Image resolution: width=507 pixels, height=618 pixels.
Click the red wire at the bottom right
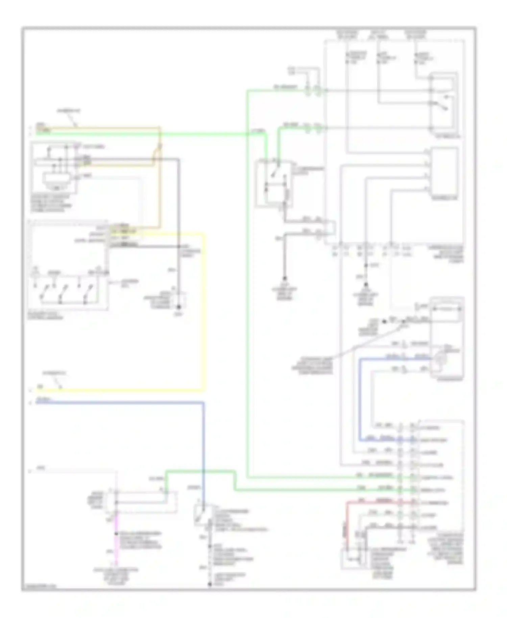tap(347, 521)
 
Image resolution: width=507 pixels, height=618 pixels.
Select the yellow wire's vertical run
tap(204, 311)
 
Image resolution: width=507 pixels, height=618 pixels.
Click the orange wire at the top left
tap(101, 128)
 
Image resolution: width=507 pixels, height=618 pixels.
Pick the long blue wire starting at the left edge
tap(118, 402)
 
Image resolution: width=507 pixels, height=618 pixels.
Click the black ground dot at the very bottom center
tap(210, 584)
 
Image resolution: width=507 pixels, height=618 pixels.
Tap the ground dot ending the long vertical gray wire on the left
tap(179, 307)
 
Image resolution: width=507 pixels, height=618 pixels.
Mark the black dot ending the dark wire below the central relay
tap(285, 278)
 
